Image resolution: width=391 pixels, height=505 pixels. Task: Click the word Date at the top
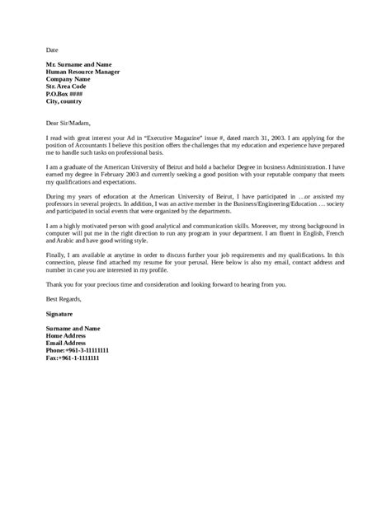52,49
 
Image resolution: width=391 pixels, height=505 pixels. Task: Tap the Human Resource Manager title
87,72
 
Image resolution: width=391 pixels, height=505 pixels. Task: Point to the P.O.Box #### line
67,96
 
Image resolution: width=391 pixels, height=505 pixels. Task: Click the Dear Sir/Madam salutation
71,119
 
